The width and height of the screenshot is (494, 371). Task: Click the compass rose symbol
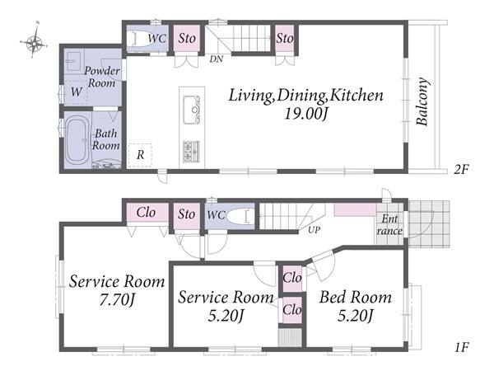pyautogui.click(x=34, y=41)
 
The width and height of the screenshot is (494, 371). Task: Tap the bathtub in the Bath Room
pyautogui.click(x=77, y=140)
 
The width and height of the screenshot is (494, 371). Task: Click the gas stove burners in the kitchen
pyautogui.click(x=191, y=151)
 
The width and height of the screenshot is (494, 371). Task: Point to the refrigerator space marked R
pyautogui.click(x=140, y=155)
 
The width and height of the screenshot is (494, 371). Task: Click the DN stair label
pyautogui.click(x=217, y=59)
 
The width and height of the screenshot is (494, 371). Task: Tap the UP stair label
pyautogui.click(x=314, y=230)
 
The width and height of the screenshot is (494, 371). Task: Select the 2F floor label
pyautogui.click(x=461, y=170)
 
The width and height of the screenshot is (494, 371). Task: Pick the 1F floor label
pyautogui.click(x=462, y=348)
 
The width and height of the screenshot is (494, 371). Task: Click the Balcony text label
pyautogui.click(x=422, y=101)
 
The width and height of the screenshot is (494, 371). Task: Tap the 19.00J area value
pyautogui.click(x=306, y=114)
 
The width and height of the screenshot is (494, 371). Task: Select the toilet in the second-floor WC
pyautogui.click(x=141, y=39)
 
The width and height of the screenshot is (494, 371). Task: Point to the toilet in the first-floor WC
pyautogui.click(x=239, y=216)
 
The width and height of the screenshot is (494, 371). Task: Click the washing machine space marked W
pyautogui.click(x=77, y=92)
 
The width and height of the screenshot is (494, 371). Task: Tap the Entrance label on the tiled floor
pyautogui.click(x=389, y=224)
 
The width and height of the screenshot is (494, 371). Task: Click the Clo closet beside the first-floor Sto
pyautogui.click(x=147, y=213)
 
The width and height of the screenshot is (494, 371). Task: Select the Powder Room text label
pyautogui.click(x=102, y=77)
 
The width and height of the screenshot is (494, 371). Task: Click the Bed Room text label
pyautogui.click(x=356, y=297)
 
